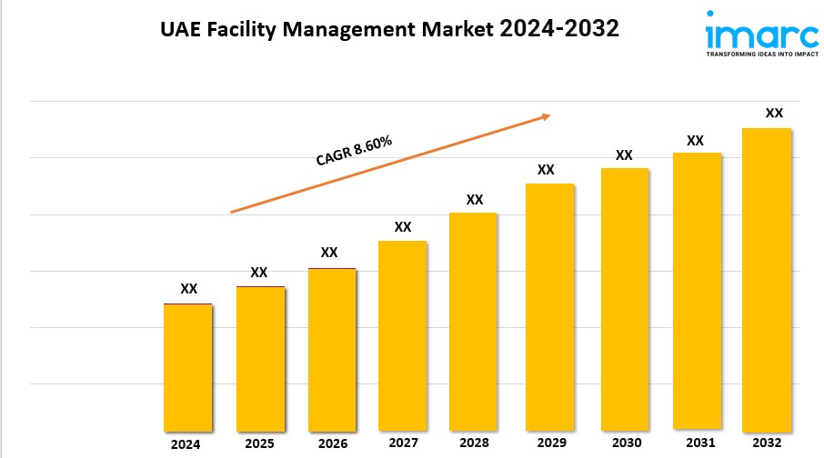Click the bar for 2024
[188, 367]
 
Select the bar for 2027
[403, 335]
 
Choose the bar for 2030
[624, 299]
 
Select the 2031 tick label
[695, 443]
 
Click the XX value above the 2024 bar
[188, 289]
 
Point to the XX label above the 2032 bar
[774, 114]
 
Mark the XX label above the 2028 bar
[474, 199]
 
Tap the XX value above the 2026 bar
[329, 252]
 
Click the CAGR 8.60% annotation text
[354, 151]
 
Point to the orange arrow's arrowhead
[546, 116]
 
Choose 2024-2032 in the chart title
[560, 28]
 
